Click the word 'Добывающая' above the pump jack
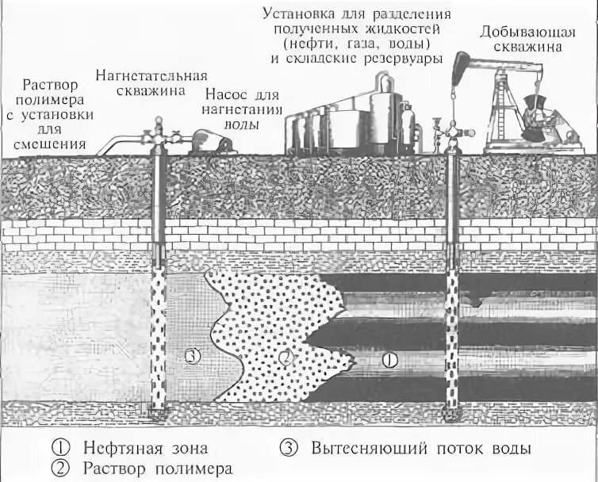pos(519,33)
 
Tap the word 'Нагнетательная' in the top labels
pos(154,77)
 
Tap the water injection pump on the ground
pos(209,143)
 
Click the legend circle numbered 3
pos(289,447)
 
